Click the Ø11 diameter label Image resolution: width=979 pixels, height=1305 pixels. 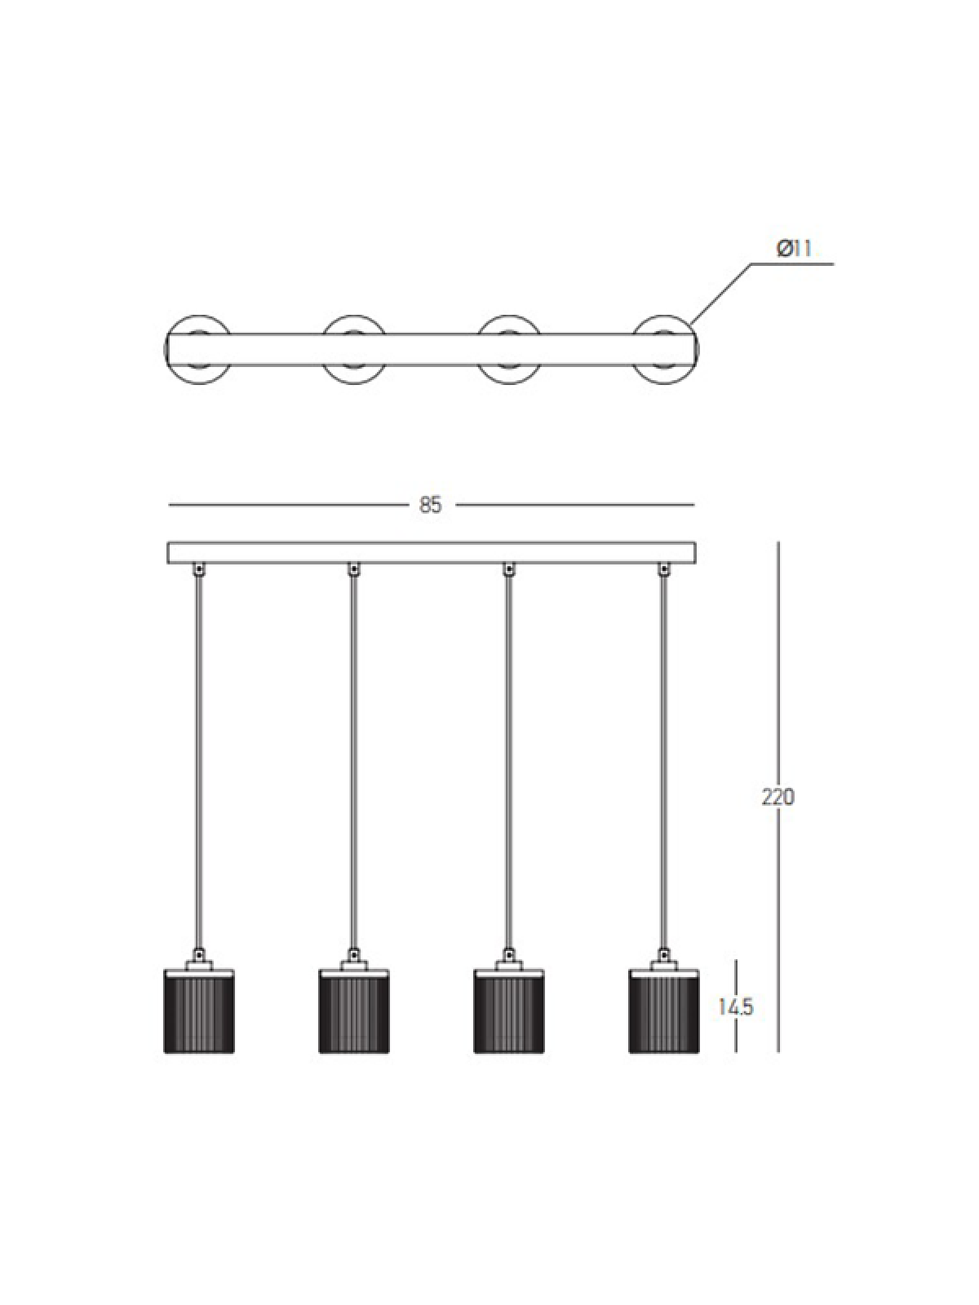click(794, 249)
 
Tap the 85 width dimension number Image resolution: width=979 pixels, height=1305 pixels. click(431, 505)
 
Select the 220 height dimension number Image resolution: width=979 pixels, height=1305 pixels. click(777, 797)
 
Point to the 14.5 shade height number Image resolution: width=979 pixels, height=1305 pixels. click(736, 1007)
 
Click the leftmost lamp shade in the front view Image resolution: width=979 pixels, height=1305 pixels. click(199, 1011)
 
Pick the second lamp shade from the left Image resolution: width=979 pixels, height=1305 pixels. click(354, 1011)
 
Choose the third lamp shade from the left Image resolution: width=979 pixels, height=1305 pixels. click(509, 1011)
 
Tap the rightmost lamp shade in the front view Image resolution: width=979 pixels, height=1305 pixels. click(664, 1011)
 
